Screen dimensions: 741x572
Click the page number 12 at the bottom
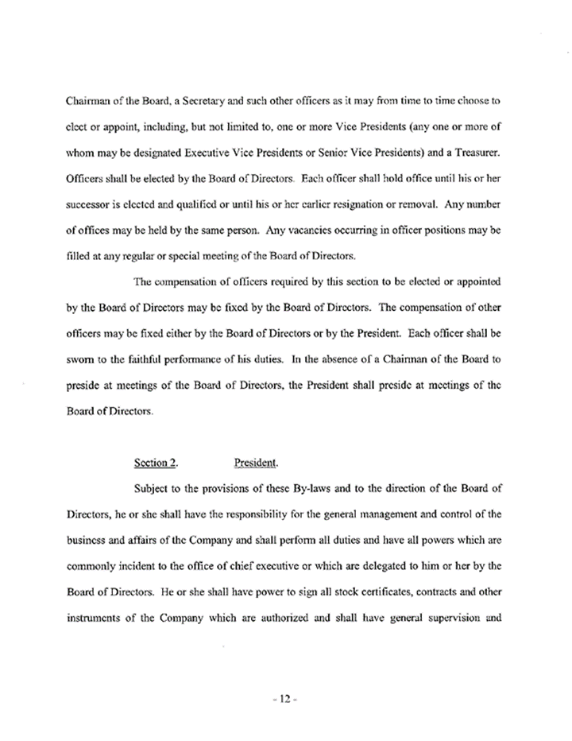point(284,700)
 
